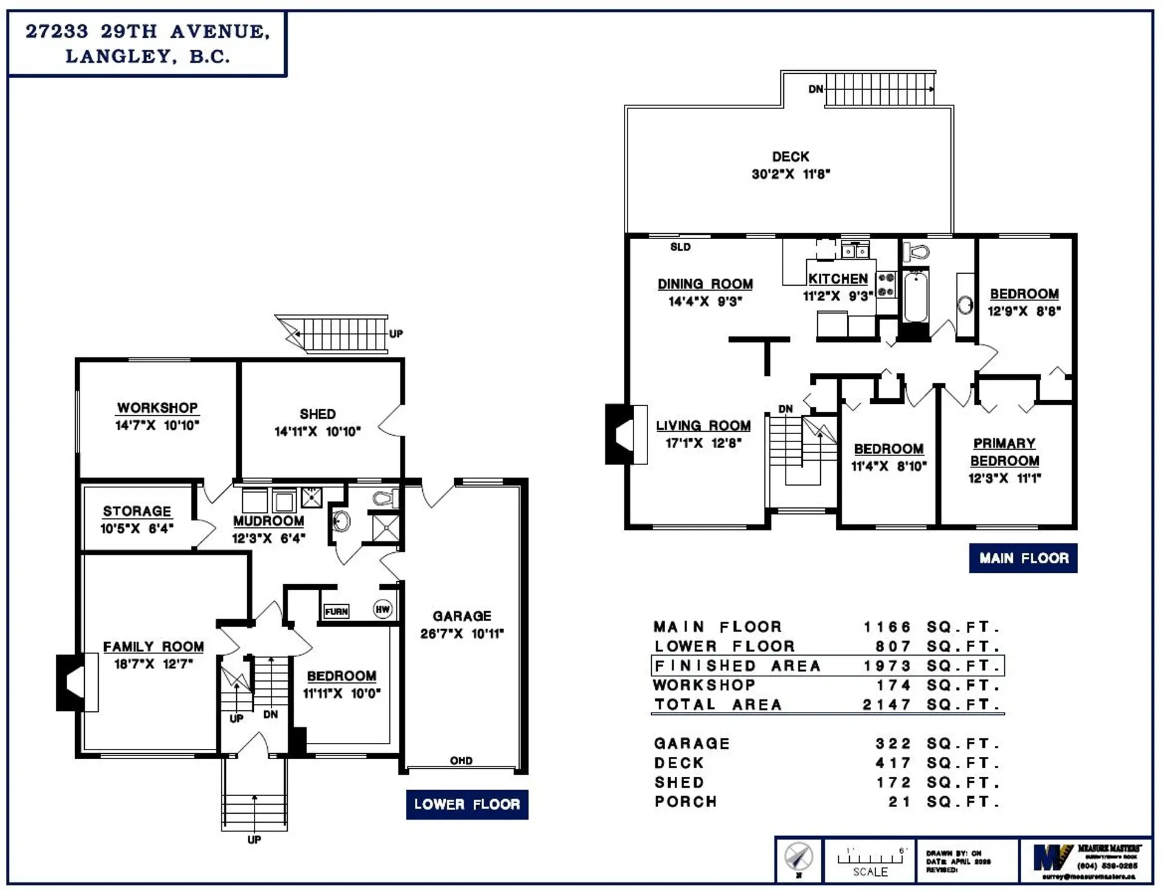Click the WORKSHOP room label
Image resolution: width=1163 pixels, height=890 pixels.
[157, 408]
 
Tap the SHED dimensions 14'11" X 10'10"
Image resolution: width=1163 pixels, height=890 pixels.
[317, 432]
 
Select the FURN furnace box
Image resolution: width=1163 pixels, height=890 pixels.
[336, 611]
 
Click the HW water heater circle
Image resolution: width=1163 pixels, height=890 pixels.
[382, 609]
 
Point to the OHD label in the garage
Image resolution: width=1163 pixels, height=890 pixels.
[461, 761]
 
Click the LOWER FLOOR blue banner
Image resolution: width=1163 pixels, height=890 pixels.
[467, 805]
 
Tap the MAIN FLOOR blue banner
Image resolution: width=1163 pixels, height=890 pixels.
[1024, 558]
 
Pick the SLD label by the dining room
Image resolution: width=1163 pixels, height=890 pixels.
[680, 247]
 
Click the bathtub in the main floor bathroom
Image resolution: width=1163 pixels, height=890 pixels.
[916, 297]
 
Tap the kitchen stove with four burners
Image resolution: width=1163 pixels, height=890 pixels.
[886, 285]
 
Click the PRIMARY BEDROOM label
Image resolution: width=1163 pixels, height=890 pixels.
[1004, 452]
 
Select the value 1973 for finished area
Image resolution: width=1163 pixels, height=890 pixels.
[887, 666]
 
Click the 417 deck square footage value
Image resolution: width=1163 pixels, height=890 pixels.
[893, 763]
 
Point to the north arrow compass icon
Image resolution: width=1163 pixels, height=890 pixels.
[798, 858]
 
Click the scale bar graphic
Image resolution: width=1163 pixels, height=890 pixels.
[870, 858]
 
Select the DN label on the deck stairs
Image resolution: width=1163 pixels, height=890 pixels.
[816, 90]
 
